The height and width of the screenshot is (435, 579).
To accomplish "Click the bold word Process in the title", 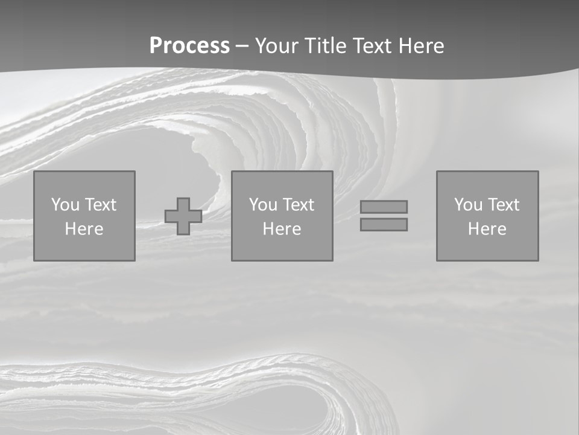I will [x=189, y=46].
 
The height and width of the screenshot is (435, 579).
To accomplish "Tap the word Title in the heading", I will [x=326, y=46].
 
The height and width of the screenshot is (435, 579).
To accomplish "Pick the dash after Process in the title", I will [x=242, y=47].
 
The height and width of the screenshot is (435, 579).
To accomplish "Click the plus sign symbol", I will [x=183, y=216].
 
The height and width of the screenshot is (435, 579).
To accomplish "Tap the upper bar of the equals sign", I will [x=384, y=207].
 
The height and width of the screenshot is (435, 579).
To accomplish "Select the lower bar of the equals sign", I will [x=384, y=224].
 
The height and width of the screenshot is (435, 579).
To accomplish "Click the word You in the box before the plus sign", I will [x=65, y=205].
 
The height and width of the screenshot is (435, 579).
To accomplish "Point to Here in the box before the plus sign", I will [x=84, y=229].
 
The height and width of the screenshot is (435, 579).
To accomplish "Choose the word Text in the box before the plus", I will [x=100, y=205].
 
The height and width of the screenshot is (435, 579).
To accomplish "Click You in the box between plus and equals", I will [x=263, y=205].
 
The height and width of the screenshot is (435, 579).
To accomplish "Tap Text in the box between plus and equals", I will [x=298, y=205].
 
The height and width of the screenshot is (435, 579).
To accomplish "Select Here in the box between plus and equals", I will [x=282, y=229].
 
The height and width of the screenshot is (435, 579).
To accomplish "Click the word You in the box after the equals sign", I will [x=468, y=205].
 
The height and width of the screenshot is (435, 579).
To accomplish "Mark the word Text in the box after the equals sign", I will [x=503, y=205].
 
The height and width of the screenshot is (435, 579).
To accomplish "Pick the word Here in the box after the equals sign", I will [x=487, y=229].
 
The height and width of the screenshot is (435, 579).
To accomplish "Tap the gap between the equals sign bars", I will [x=384, y=216].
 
